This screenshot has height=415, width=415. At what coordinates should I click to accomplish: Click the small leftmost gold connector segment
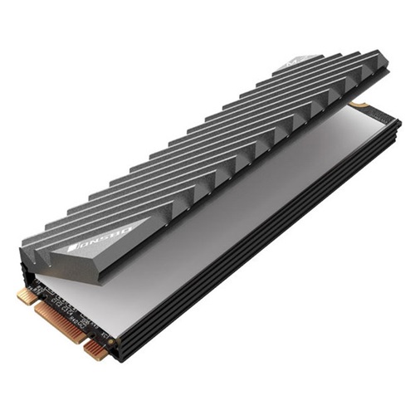click(26, 296)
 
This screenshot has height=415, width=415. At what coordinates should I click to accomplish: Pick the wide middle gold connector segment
click(60, 320)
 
